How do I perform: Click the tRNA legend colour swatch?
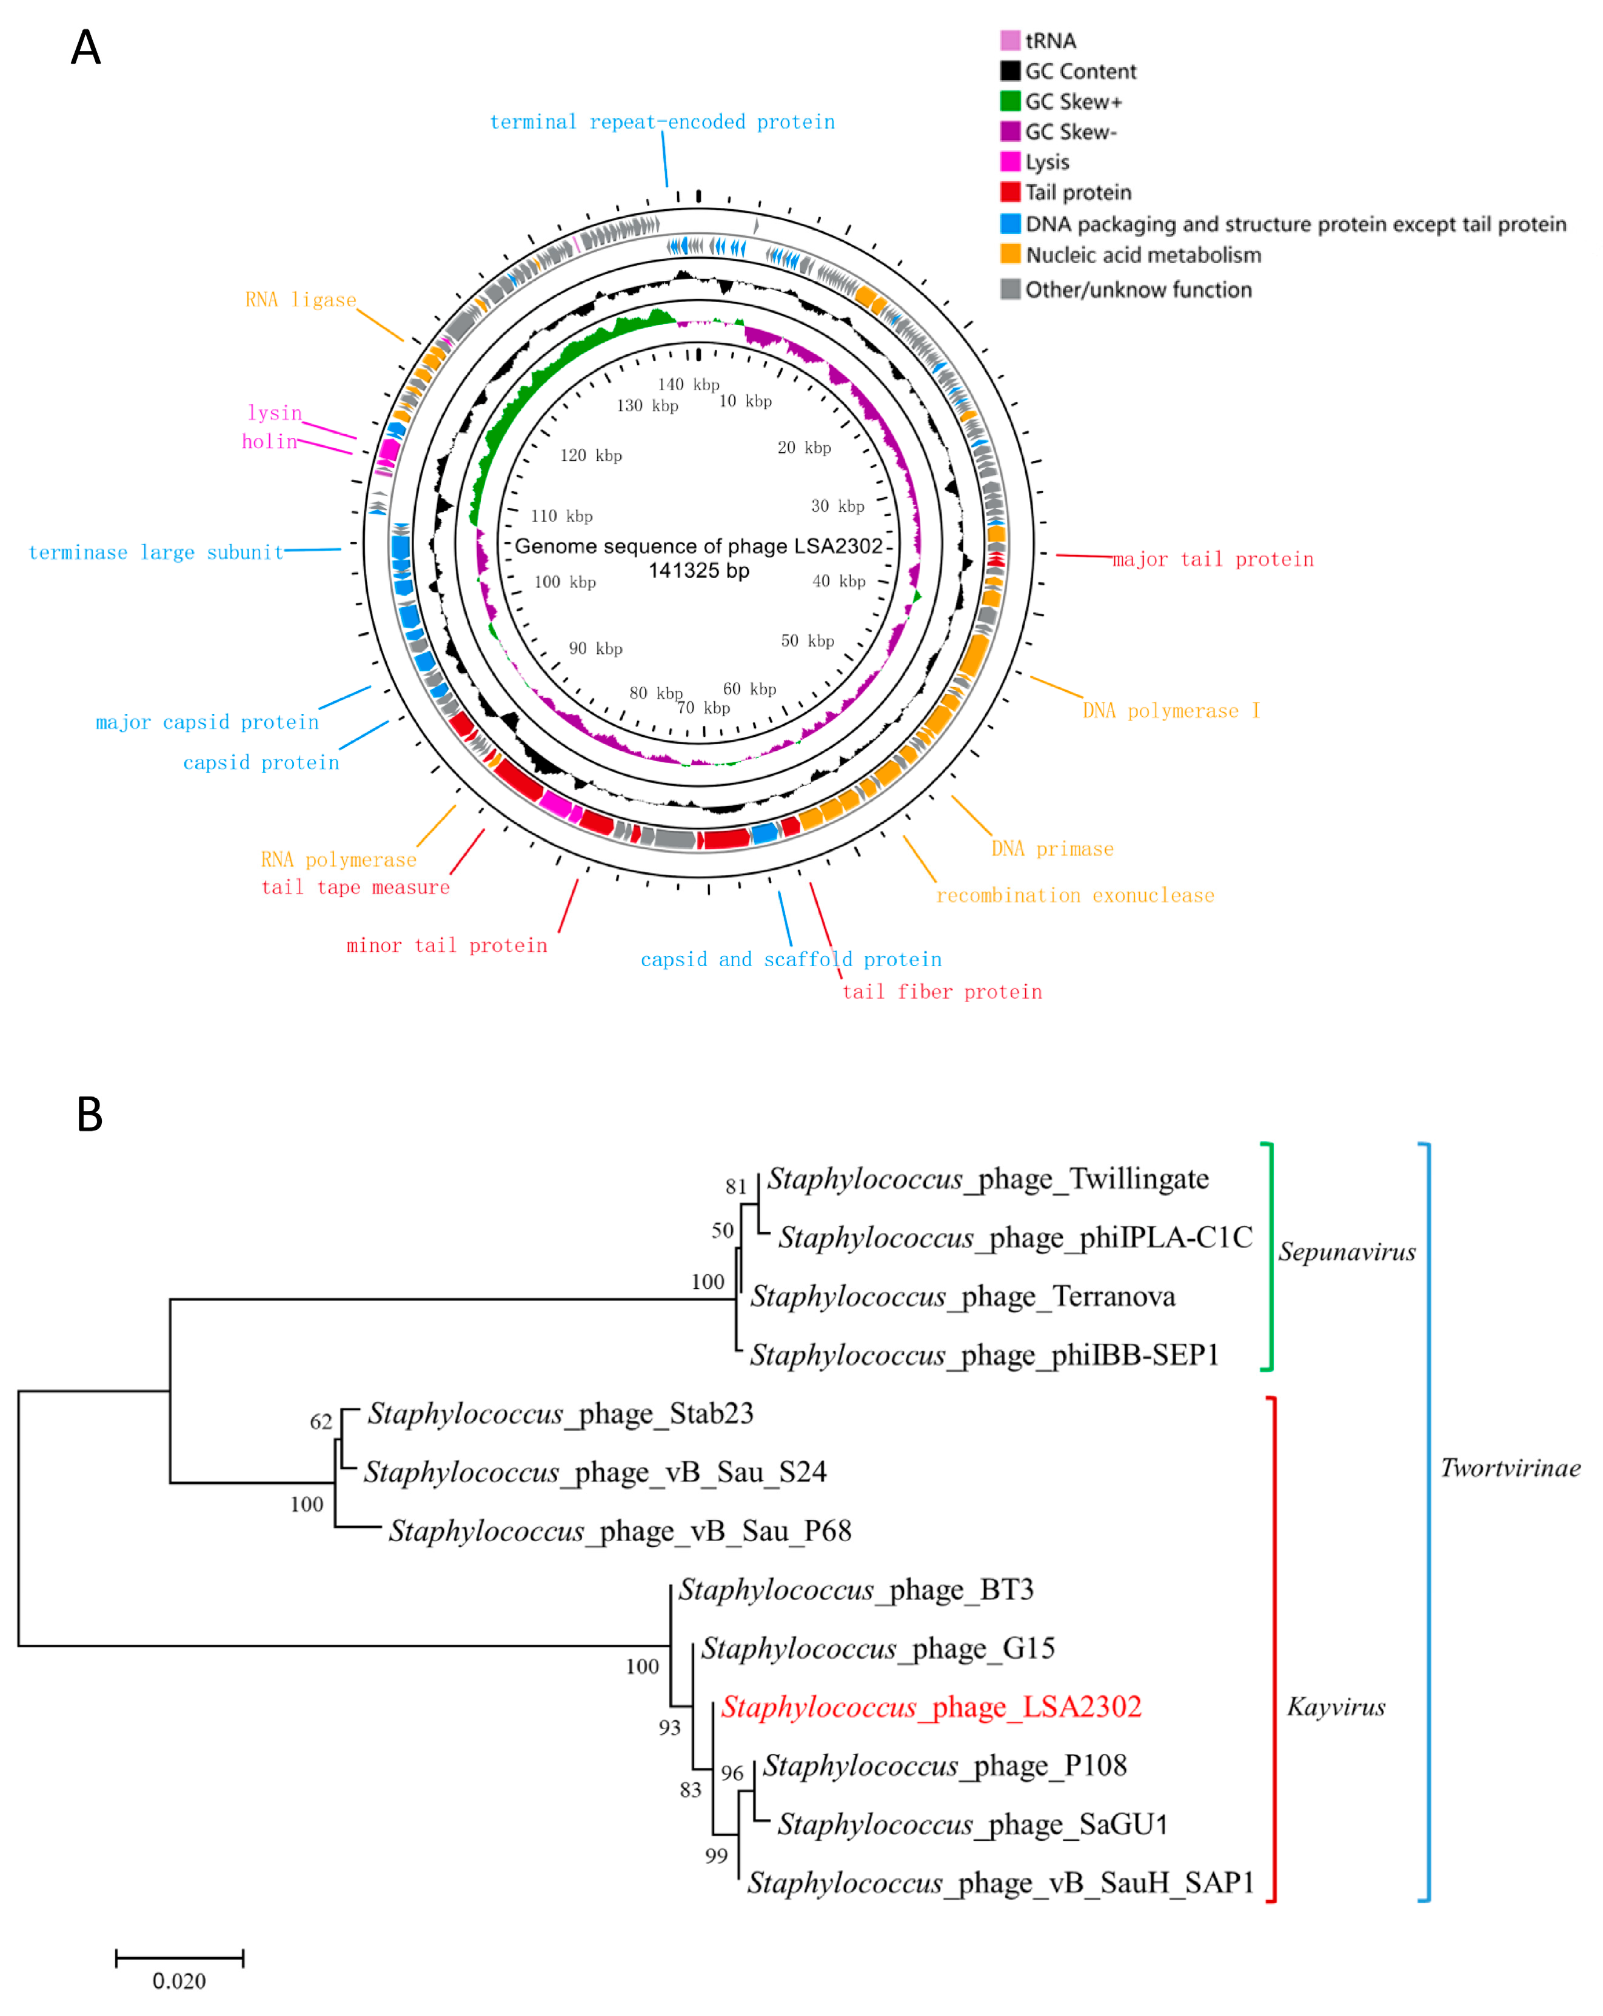pyautogui.click(x=1009, y=40)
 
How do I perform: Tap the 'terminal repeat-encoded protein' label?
pyautogui.click(x=662, y=121)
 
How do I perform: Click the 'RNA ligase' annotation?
pyautogui.click(x=300, y=299)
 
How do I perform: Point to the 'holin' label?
pyautogui.click(x=269, y=442)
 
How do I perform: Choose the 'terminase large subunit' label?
pyautogui.click(x=156, y=552)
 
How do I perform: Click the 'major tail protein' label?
pyautogui.click(x=1213, y=559)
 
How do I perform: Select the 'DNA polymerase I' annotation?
pyautogui.click(x=1170, y=711)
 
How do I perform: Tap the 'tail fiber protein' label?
pyautogui.click(x=941, y=991)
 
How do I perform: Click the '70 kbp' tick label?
pyautogui.click(x=703, y=708)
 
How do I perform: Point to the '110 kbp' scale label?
pyautogui.click(x=561, y=516)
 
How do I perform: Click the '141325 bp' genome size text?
pyautogui.click(x=698, y=570)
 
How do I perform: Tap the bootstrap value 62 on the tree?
pyautogui.click(x=321, y=1421)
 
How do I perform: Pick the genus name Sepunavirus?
pyautogui.click(x=1346, y=1251)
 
